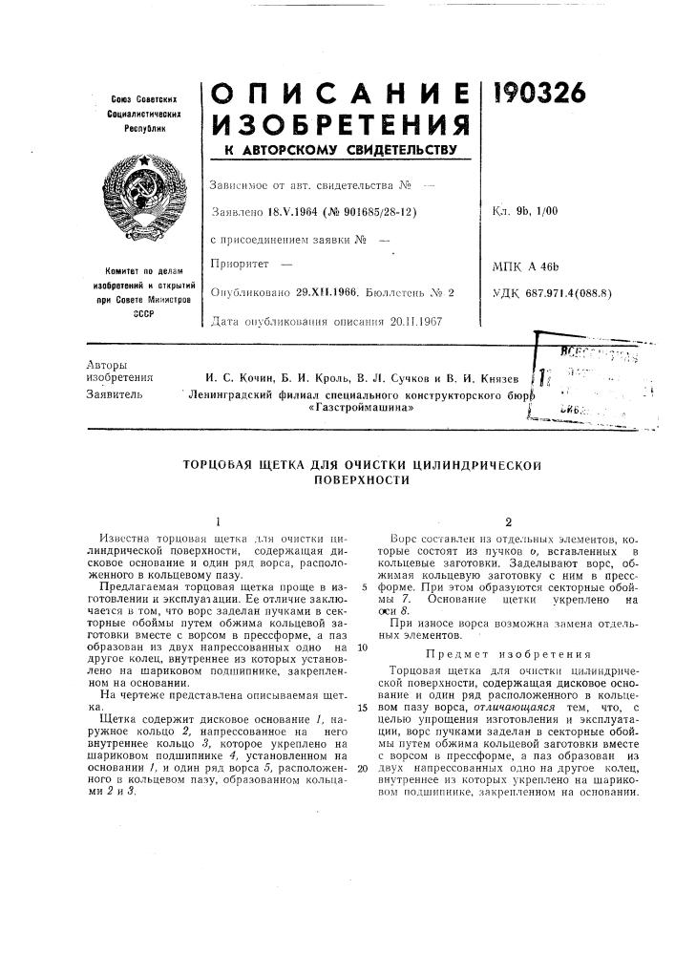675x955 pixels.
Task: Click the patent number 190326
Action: (539, 93)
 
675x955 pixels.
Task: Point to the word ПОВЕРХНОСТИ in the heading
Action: (359, 480)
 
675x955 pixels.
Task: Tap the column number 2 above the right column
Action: (509, 522)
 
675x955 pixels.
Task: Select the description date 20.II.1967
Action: (409, 323)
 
